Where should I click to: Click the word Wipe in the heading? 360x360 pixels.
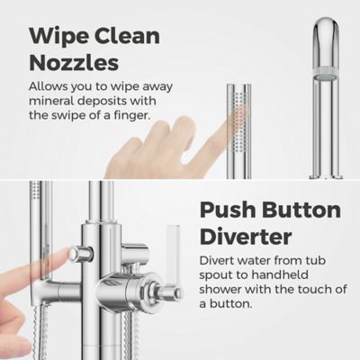tap(58, 36)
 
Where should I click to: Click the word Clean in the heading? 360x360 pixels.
tap(127, 36)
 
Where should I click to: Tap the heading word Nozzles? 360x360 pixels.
tap(74, 63)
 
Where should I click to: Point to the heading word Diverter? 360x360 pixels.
tap(246, 237)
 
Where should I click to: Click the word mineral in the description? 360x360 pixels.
tap(51, 101)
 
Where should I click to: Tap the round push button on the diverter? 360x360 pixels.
tap(75, 255)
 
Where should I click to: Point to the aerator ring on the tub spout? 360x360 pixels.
tap(326, 72)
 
